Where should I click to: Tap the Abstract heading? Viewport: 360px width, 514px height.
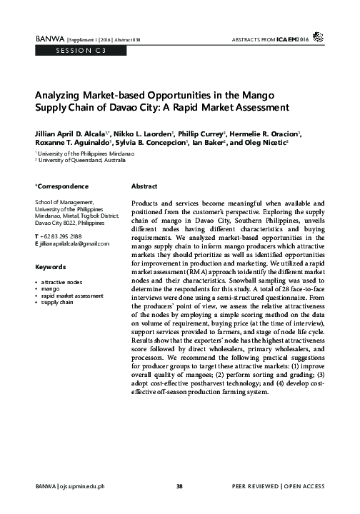click(x=144, y=186)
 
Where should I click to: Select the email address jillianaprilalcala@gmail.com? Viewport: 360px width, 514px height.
click(x=74, y=244)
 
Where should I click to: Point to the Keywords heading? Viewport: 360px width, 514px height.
click(x=50, y=267)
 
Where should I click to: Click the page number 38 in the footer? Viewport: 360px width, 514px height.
click(x=180, y=486)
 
